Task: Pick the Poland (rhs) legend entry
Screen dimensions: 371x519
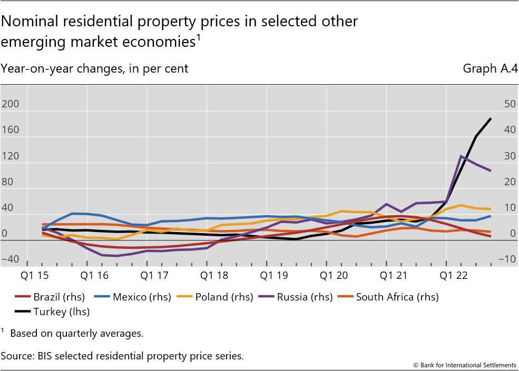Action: click(x=216, y=297)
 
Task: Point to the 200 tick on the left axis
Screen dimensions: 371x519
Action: click(x=10, y=104)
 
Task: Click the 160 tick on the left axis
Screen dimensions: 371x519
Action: click(x=10, y=130)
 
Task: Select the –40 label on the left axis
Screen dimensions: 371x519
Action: click(x=10, y=259)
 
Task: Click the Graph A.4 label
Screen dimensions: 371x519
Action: click(x=490, y=68)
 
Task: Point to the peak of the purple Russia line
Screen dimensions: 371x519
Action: click(x=462, y=156)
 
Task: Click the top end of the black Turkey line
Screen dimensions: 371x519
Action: click(x=491, y=118)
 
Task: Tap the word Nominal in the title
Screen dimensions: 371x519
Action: click(x=32, y=22)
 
